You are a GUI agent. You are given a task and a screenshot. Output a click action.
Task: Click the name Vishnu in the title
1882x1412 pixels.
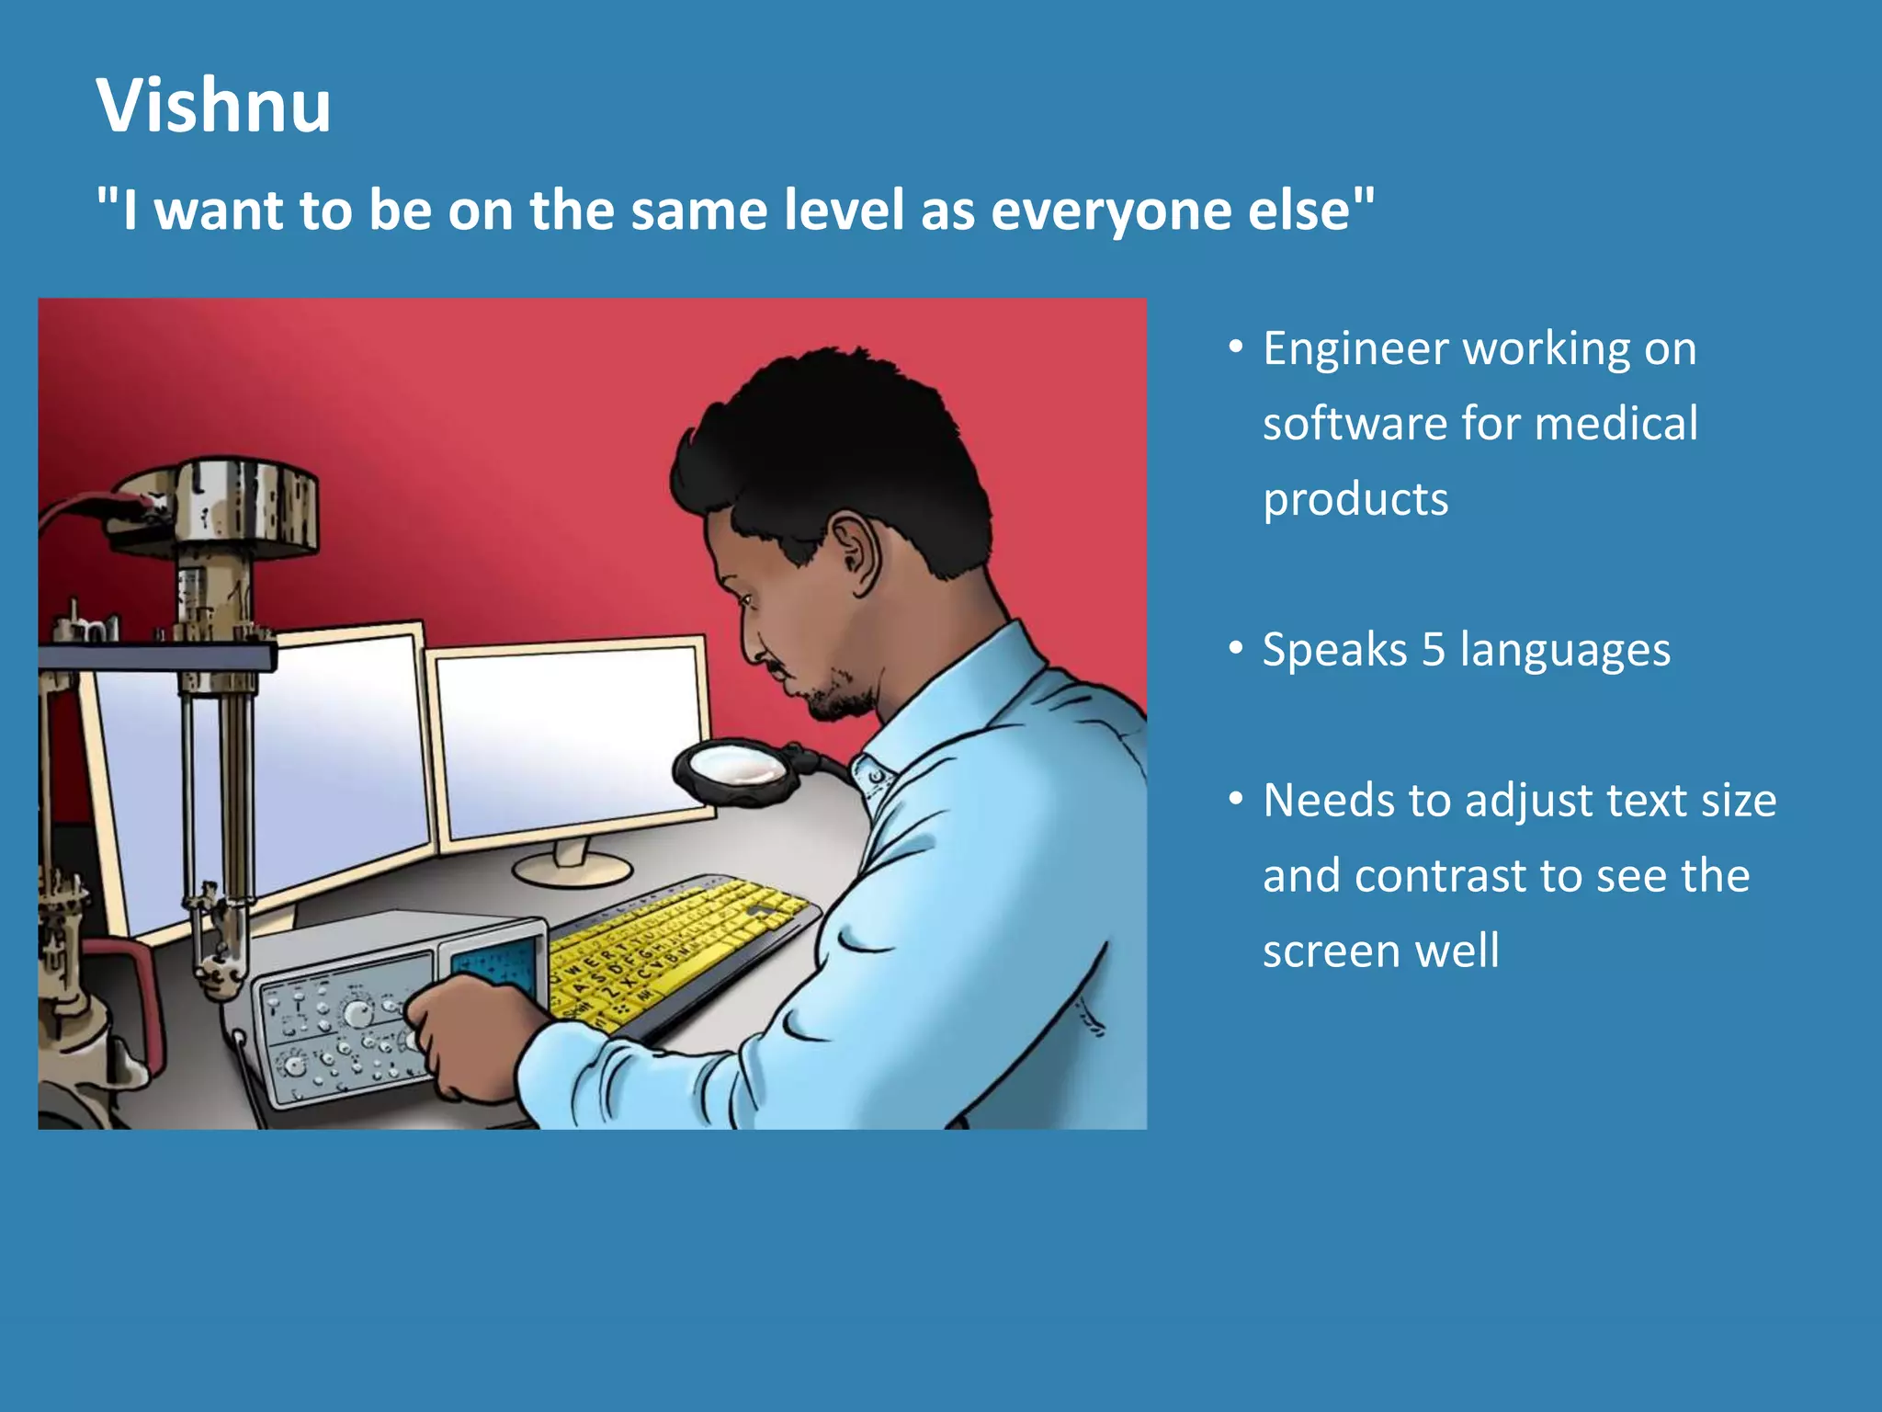point(213,106)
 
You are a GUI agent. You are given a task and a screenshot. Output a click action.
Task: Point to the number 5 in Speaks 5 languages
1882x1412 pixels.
point(1433,650)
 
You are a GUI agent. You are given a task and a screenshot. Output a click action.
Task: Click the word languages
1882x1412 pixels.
point(1565,651)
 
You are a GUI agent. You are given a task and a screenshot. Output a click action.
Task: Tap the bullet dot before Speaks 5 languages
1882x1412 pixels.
point(1236,647)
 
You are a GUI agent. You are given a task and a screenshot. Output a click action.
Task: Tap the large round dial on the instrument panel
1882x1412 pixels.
point(357,1013)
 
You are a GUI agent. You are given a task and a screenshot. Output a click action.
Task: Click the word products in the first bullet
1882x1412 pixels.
point(1355,500)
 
